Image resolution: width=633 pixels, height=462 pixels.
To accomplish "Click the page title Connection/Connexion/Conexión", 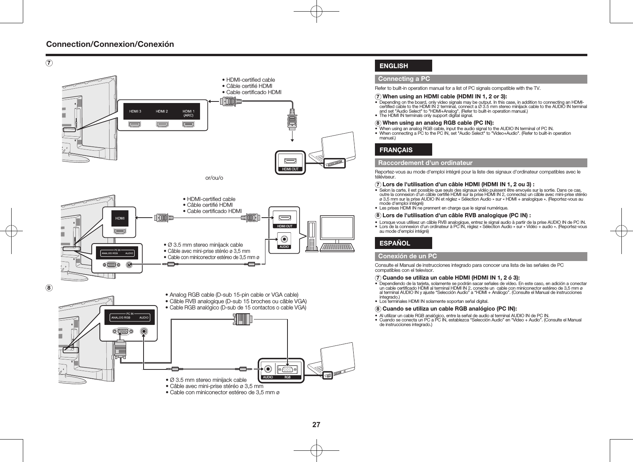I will point(110,44).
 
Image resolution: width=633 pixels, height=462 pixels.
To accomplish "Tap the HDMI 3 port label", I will point(135,112).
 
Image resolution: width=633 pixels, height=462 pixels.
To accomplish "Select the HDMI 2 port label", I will point(162,112).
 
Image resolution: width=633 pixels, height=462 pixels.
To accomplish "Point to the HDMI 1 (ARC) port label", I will point(188,113).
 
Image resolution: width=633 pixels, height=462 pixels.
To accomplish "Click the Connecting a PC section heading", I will point(404,79).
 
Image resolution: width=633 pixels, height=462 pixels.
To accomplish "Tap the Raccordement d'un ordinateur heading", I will point(425,163).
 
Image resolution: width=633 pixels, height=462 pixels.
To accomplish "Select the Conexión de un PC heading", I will point(407,256).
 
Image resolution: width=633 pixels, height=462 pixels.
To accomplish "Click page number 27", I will point(316,425).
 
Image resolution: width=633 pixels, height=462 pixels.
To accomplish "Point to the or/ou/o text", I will point(214,178).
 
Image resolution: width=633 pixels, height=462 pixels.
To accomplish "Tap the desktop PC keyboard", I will point(338,247).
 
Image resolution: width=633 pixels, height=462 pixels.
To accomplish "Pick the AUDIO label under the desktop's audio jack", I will point(284,247).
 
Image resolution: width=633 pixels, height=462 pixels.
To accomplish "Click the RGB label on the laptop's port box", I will point(287,377).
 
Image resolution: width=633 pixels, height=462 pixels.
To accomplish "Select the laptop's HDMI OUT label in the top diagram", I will point(290,169).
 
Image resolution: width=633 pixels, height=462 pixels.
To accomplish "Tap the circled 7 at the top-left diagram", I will point(49,63).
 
